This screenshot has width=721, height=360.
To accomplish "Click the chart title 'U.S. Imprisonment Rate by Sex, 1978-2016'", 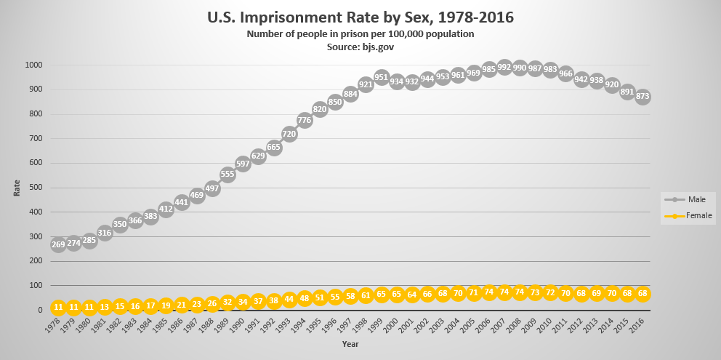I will click(x=360, y=16).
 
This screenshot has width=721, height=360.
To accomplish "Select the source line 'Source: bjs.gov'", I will click(x=360, y=47).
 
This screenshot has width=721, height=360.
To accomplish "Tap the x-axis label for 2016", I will click(x=635, y=325).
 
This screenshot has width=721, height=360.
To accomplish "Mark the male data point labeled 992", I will click(x=504, y=67).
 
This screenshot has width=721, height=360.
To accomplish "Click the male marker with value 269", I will click(x=58, y=244).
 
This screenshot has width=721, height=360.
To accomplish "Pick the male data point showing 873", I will click(x=643, y=96).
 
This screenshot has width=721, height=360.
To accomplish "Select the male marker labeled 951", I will click(x=382, y=77).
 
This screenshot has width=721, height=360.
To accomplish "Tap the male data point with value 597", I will click(x=243, y=164).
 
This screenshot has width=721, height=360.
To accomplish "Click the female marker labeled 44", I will click(x=289, y=299).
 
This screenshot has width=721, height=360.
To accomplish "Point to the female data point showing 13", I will click(x=105, y=307).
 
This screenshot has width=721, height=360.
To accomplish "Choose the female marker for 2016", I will click(x=643, y=293).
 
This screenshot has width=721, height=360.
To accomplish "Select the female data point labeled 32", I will click(x=227, y=302).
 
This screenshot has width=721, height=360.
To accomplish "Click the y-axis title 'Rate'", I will click(x=17, y=188).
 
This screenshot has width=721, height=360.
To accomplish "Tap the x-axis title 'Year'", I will click(x=350, y=343).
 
